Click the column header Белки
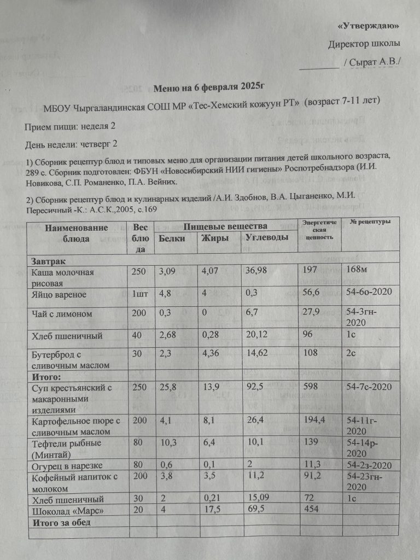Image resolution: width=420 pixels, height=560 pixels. (171, 238)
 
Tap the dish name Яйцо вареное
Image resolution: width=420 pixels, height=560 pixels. (59, 295)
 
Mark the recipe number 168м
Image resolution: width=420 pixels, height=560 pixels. (359, 272)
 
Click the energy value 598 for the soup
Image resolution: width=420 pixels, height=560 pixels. (310, 387)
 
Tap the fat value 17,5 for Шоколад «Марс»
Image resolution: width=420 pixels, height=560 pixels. (211, 510)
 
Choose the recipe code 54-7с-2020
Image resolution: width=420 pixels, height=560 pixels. (369, 387)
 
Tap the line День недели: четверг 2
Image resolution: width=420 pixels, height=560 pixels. (72, 144)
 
